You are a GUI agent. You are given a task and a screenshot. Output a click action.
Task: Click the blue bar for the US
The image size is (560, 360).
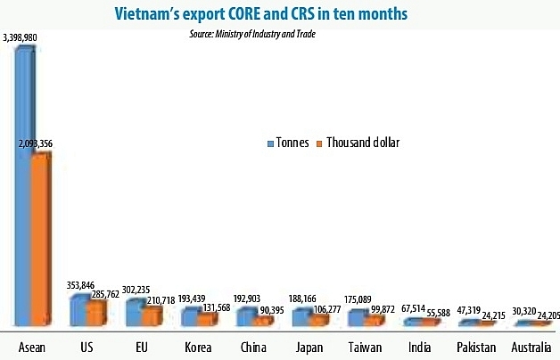(78, 310)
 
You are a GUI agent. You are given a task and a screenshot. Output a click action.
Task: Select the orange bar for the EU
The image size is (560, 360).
(152, 317)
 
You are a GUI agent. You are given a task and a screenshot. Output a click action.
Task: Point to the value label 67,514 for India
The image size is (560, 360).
(413, 308)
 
